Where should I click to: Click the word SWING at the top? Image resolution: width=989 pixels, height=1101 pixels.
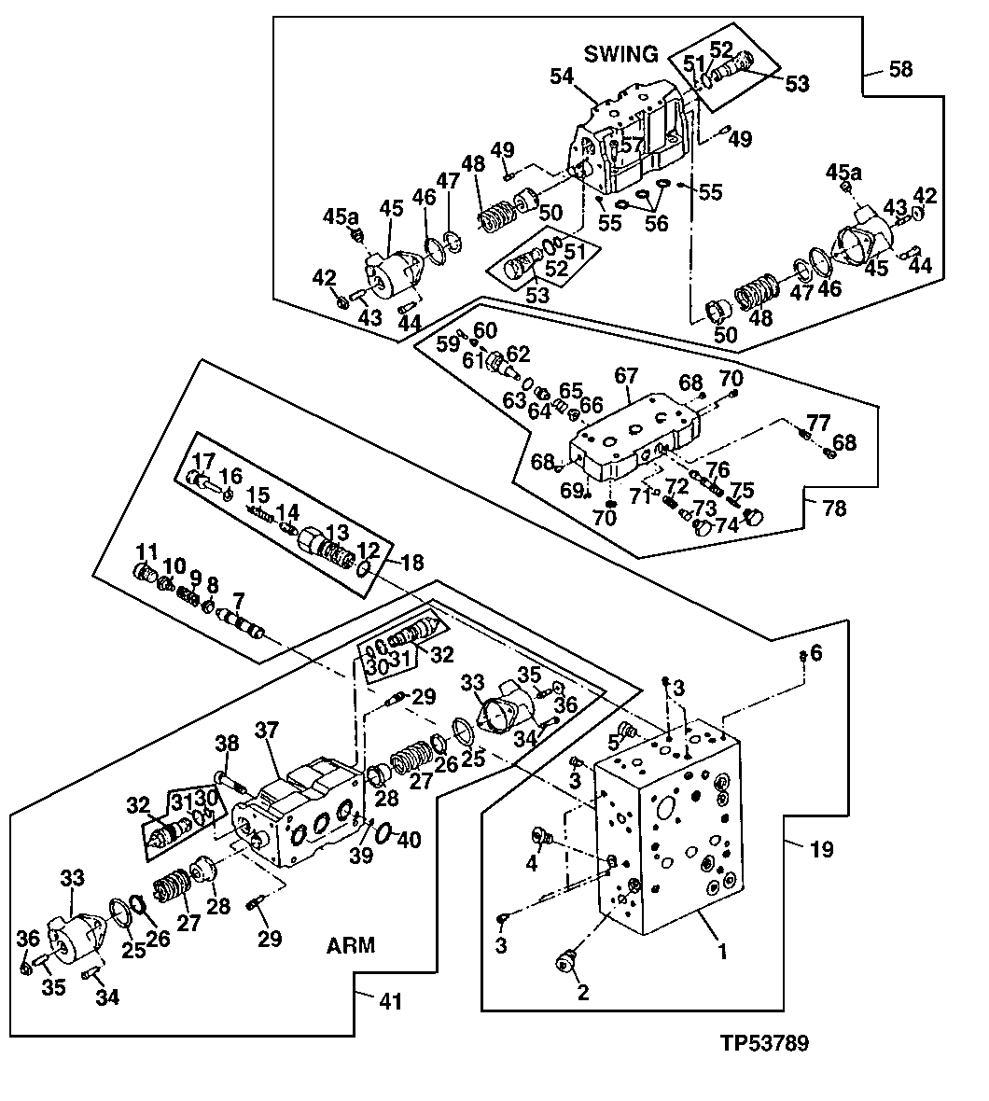(621, 54)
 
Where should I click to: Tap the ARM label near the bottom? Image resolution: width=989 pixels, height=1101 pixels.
(351, 945)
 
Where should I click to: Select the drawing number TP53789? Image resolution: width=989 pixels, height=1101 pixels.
(763, 1043)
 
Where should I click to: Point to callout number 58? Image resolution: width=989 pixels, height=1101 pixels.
(901, 69)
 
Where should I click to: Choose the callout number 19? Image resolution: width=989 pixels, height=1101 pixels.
(822, 849)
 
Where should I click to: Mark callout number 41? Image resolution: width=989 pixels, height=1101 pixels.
(390, 1002)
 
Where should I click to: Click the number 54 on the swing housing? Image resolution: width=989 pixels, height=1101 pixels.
(562, 77)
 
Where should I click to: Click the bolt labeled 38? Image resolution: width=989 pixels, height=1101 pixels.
(225, 777)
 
